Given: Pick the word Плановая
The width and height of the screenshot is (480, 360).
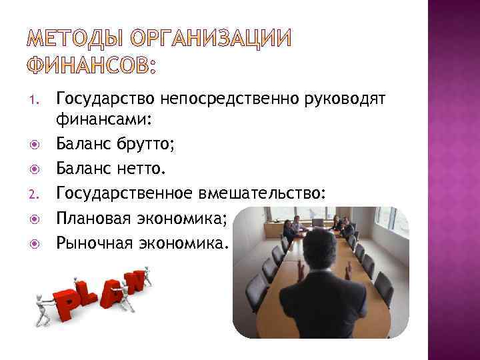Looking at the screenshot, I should (x=91, y=217).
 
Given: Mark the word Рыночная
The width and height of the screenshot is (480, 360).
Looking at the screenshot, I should (x=91, y=240).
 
